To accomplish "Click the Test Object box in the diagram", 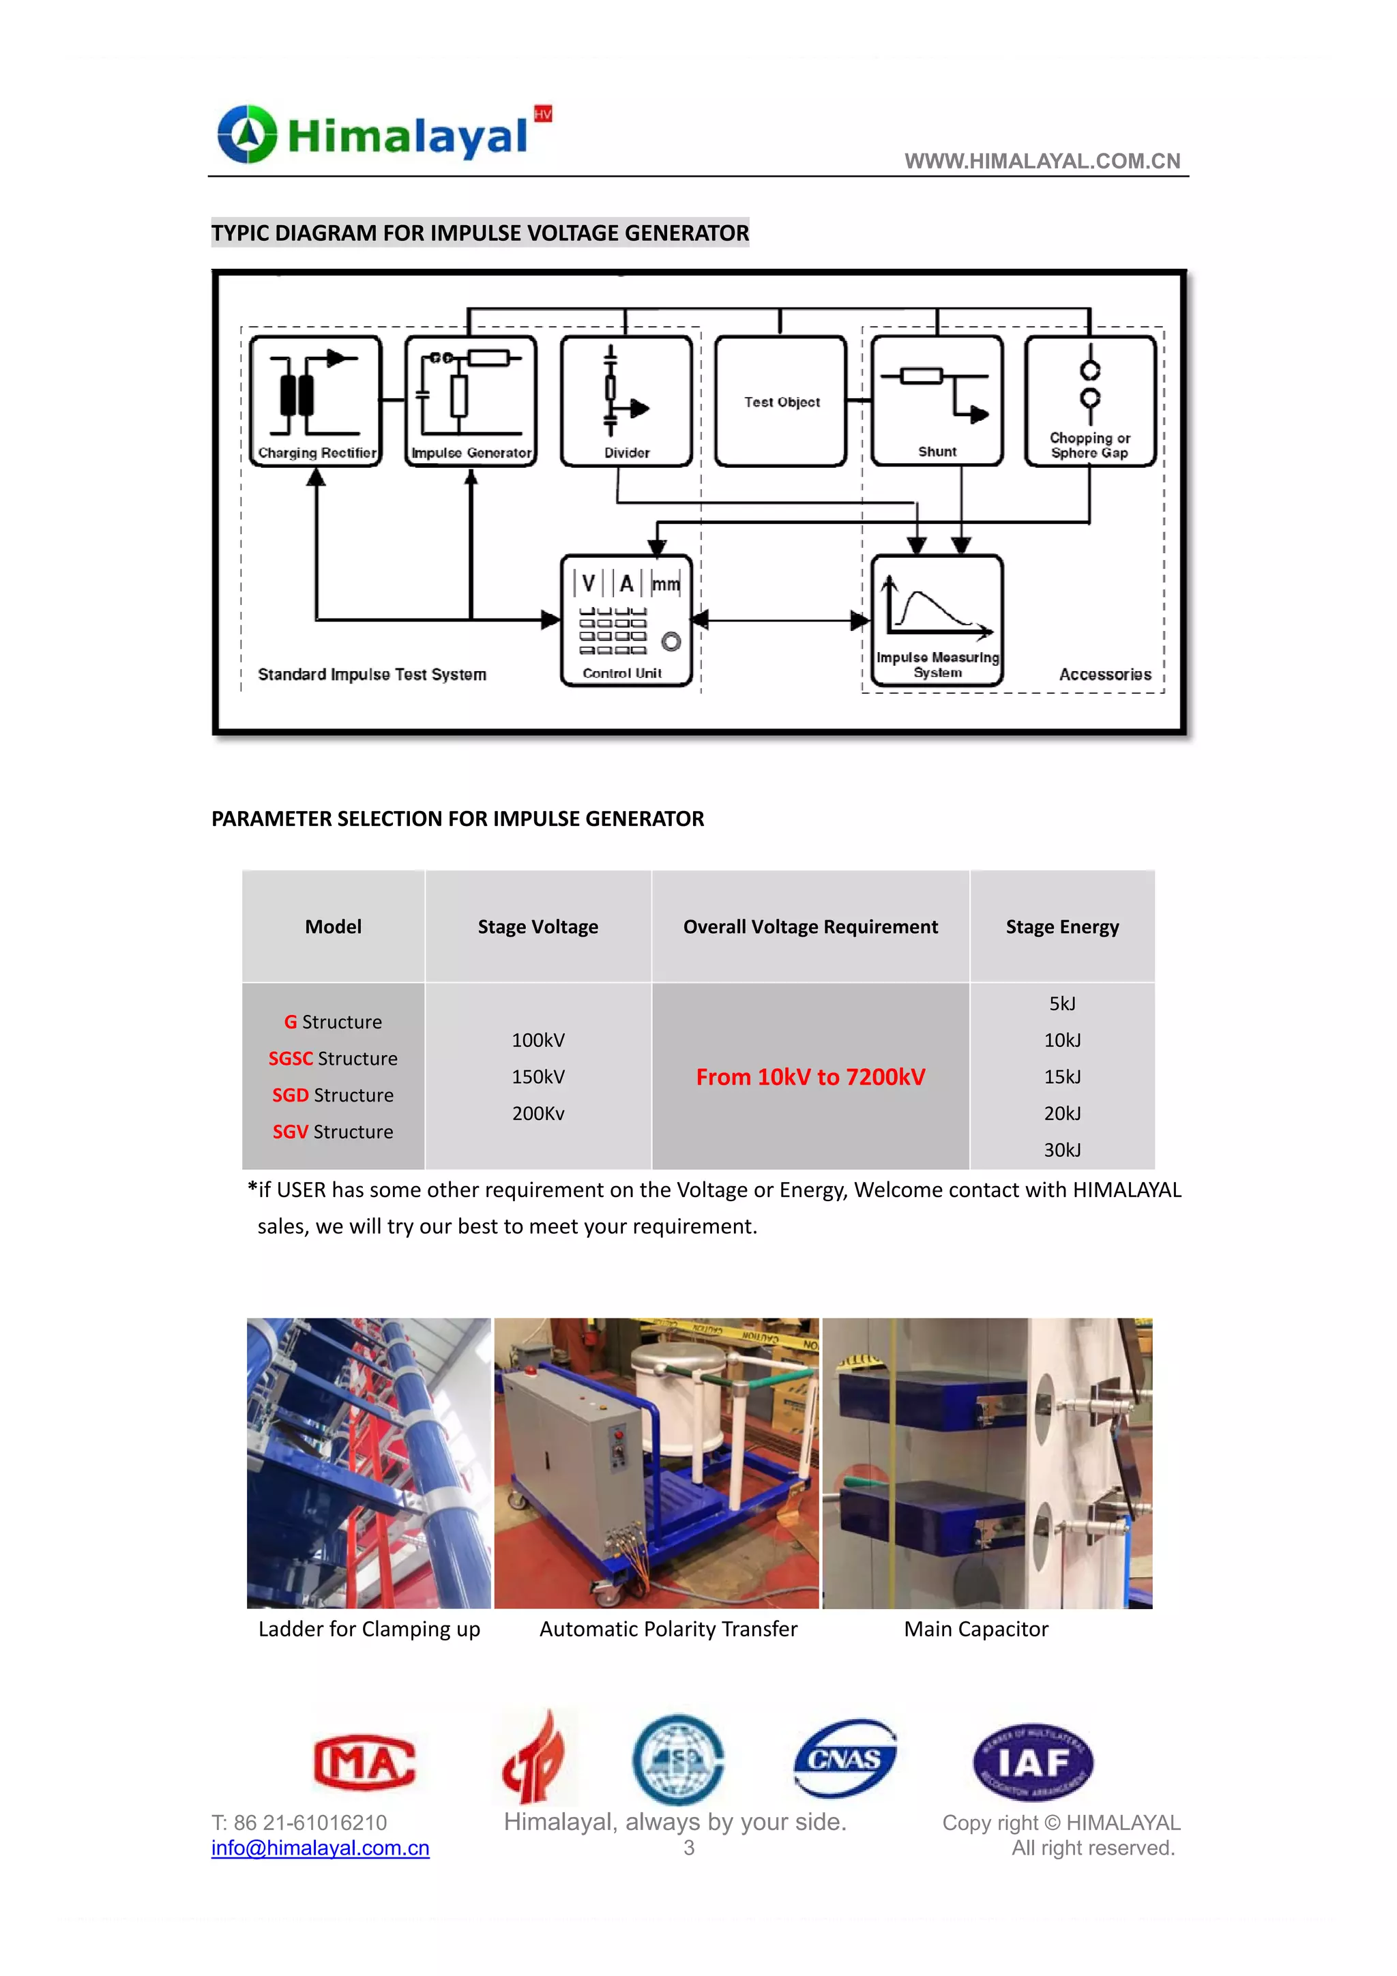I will pyautogui.click(x=781, y=401).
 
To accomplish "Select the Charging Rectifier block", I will pyautogui.click(x=315, y=401).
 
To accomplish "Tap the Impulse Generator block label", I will pyautogui.click(x=471, y=453).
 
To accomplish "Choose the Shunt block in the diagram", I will pyautogui.click(x=937, y=401).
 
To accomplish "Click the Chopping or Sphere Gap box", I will pyautogui.click(x=1090, y=401).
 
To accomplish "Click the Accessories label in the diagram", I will pyautogui.click(x=1104, y=675).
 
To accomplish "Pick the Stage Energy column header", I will pyautogui.click(x=1062, y=927).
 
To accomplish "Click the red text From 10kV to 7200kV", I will pyautogui.click(x=810, y=1076).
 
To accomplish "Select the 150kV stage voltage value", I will pyautogui.click(x=538, y=1076).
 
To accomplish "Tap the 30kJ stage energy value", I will pyautogui.click(x=1062, y=1150).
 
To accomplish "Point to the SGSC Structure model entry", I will pyautogui.click(x=333, y=1059).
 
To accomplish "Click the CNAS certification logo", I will pyautogui.click(x=844, y=1759).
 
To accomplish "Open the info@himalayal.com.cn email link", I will pyautogui.click(x=320, y=1848).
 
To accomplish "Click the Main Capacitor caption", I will pyautogui.click(x=976, y=1630).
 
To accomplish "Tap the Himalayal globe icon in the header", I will pyautogui.click(x=248, y=134).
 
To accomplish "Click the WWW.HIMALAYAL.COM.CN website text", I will pyautogui.click(x=1042, y=161).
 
